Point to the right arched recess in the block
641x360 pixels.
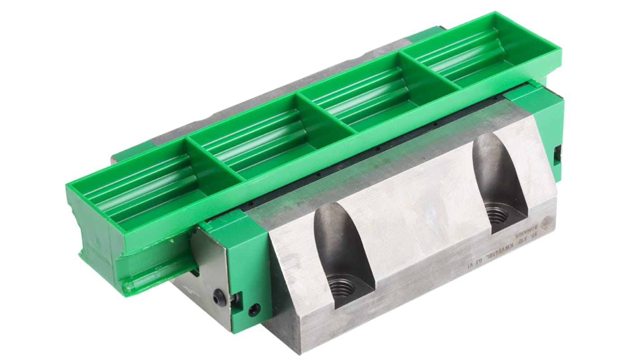tap(497, 180)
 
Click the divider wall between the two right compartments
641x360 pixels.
tap(427, 72)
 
